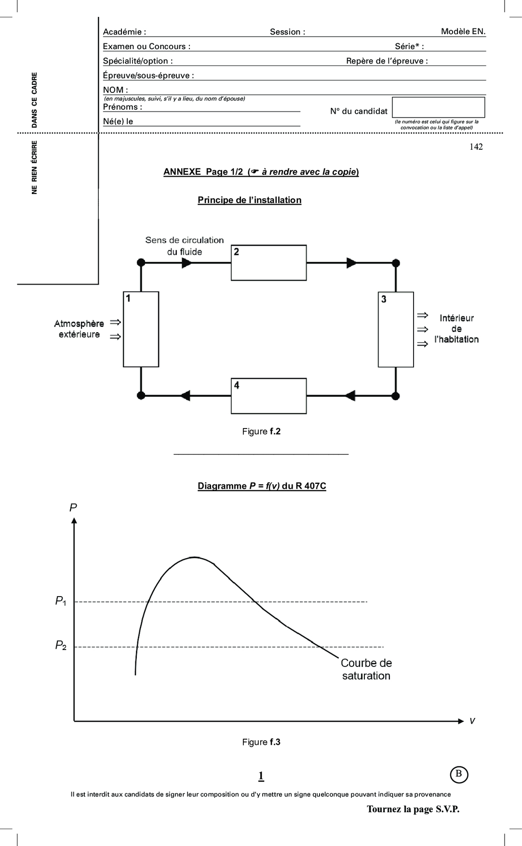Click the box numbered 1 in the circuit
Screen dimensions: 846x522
[x=141, y=329]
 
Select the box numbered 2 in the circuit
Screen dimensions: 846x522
[x=268, y=263]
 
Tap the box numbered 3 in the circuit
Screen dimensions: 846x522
[x=396, y=329]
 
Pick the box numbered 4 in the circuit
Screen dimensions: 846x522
[x=268, y=396]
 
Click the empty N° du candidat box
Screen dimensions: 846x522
[x=438, y=107]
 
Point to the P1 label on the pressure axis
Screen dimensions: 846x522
[x=61, y=601]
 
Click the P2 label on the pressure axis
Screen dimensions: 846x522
[x=61, y=645]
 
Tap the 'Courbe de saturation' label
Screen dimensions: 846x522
[x=366, y=669]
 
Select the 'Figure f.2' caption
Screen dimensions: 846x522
[x=261, y=431]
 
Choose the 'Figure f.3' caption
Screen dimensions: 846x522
[x=261, y=742]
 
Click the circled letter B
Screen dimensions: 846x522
[x=458, y=774]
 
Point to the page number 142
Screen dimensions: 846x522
[x=476, y=147]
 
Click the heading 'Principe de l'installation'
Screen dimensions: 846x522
[x=249, y=200]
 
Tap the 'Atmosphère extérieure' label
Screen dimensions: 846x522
[x=79, y=329]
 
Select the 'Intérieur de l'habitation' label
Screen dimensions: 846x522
[x=456, y=329]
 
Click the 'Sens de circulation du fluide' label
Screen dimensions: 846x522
[x=185, y=246]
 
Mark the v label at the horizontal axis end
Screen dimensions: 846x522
[x=472, y=721]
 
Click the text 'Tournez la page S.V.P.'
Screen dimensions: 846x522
[x=413, y=809]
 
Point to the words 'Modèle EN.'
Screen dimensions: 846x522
[x=463, y=31]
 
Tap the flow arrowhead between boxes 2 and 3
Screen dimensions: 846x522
[x=351, y=263]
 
